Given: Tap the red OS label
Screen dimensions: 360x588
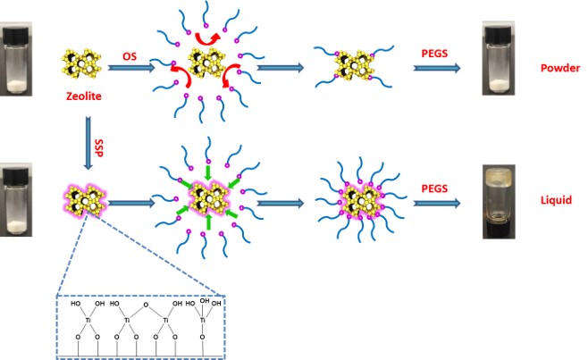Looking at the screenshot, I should (130, 55).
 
